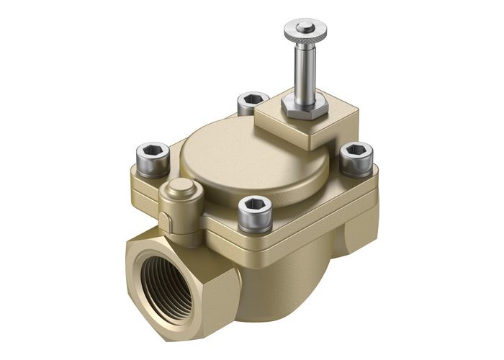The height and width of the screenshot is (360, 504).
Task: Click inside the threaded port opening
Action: [165, 285]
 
